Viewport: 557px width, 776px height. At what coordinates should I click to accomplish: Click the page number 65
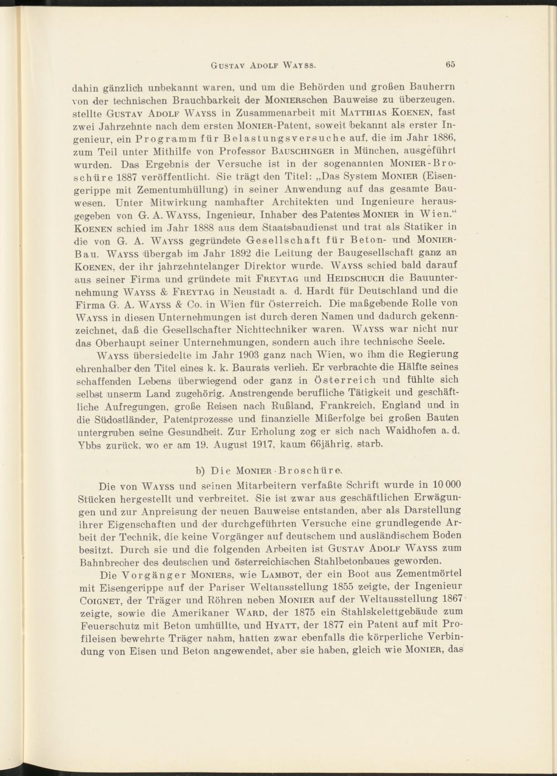point(451,65)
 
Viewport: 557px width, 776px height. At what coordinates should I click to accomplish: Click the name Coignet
point(94,600)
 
